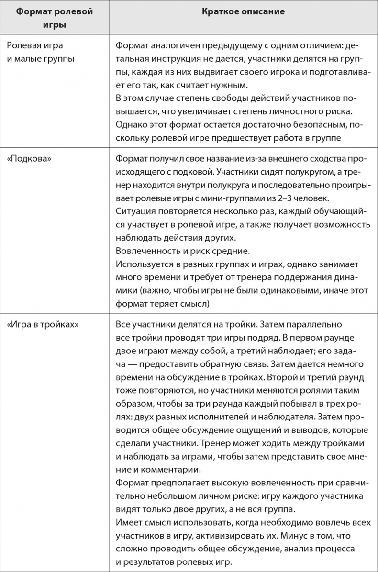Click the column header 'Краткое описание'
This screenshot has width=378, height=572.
243,12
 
